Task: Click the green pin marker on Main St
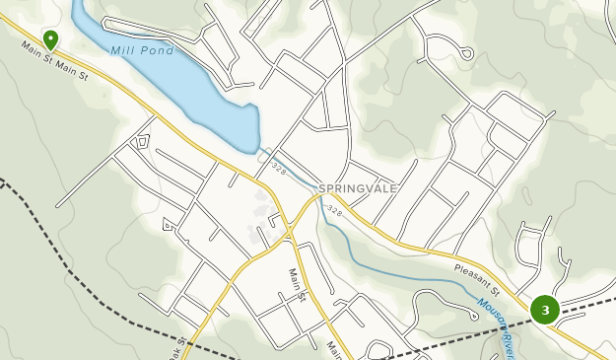50,38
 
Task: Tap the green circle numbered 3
544,310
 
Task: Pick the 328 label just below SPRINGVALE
333,210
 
